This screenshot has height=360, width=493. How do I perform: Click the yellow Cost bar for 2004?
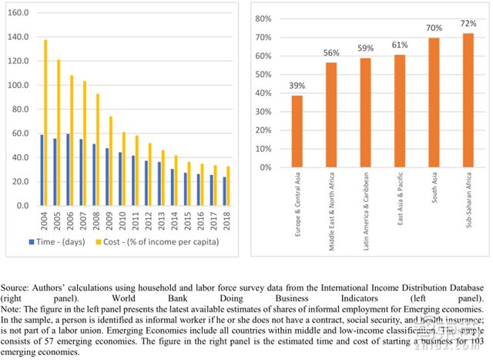click(45, 123)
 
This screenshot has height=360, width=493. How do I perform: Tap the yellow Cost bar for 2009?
click(111, 162)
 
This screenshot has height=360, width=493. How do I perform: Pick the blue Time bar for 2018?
click(224, 192)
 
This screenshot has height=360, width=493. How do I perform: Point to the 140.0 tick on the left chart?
click(18, 37)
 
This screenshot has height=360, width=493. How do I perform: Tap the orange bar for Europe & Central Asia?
click(296, 131)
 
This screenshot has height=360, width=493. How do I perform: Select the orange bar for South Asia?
click(434, 103)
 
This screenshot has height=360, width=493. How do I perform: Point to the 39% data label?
click(296, 86)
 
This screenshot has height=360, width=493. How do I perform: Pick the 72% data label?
click(468, 24)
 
